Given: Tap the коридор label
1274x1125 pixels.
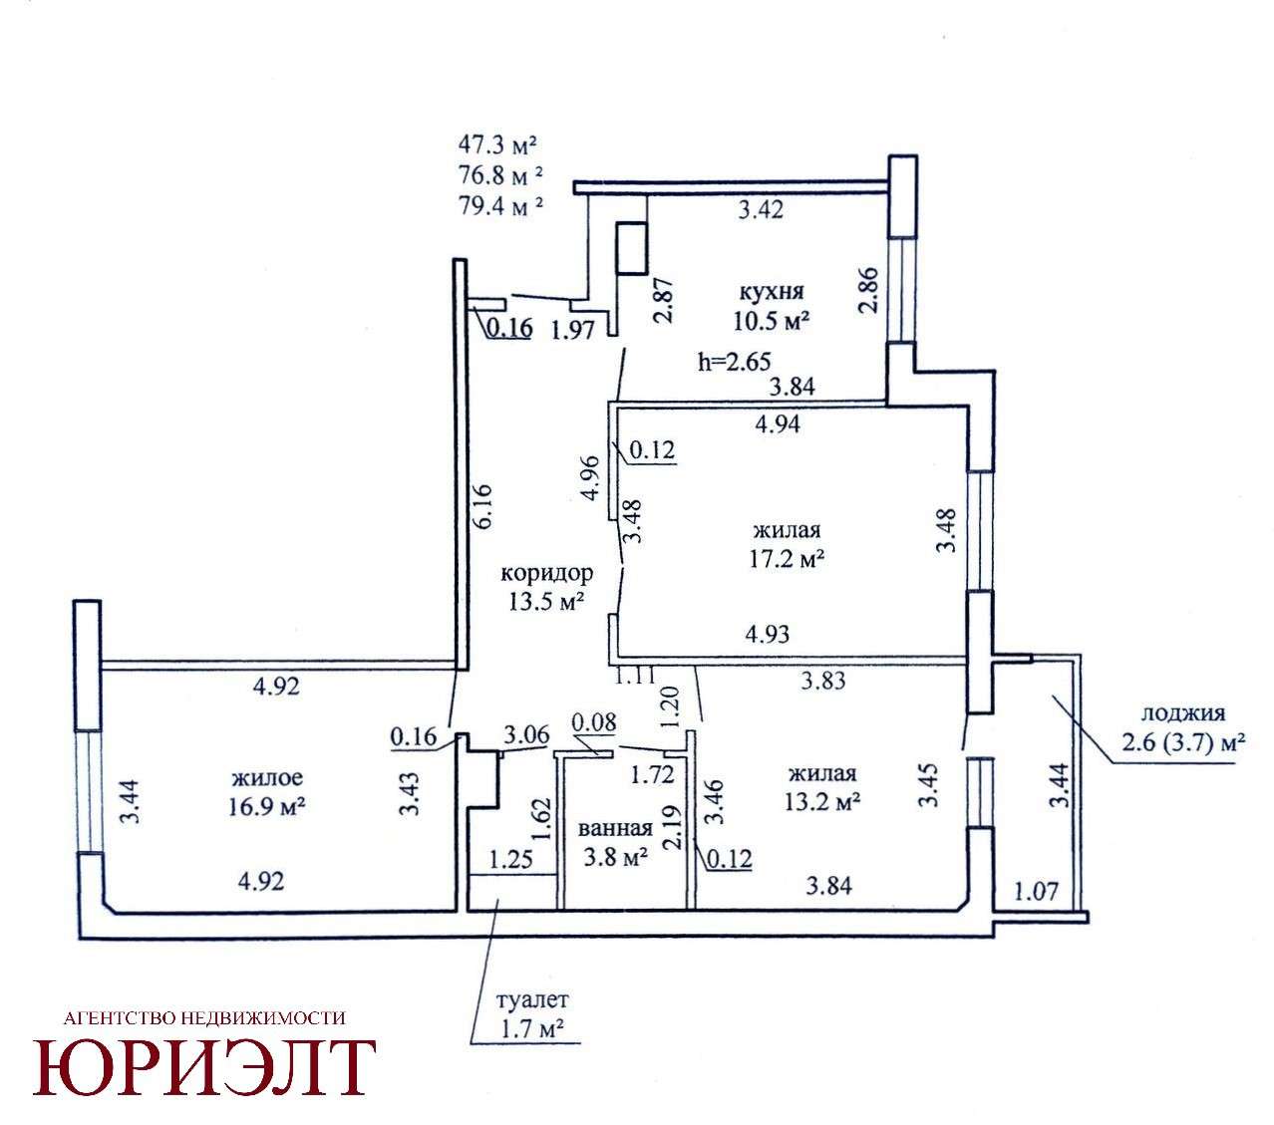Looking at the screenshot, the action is (x=546, y=573).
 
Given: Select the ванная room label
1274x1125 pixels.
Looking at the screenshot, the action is (x=615, y=828).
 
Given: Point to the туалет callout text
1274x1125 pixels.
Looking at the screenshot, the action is (x=532, y=999).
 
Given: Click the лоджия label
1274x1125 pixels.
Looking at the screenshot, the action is (x=1183, y=713).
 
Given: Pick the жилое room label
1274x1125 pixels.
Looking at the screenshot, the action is (x=267, y=778).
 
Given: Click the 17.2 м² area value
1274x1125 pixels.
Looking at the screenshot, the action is (x=786, y=559).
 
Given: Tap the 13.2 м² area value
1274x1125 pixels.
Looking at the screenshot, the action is (x=822, y=802).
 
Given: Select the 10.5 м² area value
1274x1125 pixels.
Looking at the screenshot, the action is (x=771, y=321).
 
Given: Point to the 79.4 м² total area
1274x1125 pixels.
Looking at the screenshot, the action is (x=500, y=205).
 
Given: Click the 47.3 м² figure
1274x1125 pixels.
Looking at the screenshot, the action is (x=496, y=145).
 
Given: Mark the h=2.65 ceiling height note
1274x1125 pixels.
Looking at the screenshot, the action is (x=735, y=362).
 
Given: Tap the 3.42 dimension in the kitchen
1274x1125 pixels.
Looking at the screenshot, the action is (x=761, y=209).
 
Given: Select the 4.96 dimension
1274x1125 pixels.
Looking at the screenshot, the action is (x=591, y=477).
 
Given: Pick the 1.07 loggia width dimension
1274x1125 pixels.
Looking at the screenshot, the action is (x=1036, y=891).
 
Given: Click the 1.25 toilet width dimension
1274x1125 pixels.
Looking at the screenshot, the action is (x=511, y=859).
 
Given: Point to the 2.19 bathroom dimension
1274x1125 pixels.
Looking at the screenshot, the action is (x=674, y=828).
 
